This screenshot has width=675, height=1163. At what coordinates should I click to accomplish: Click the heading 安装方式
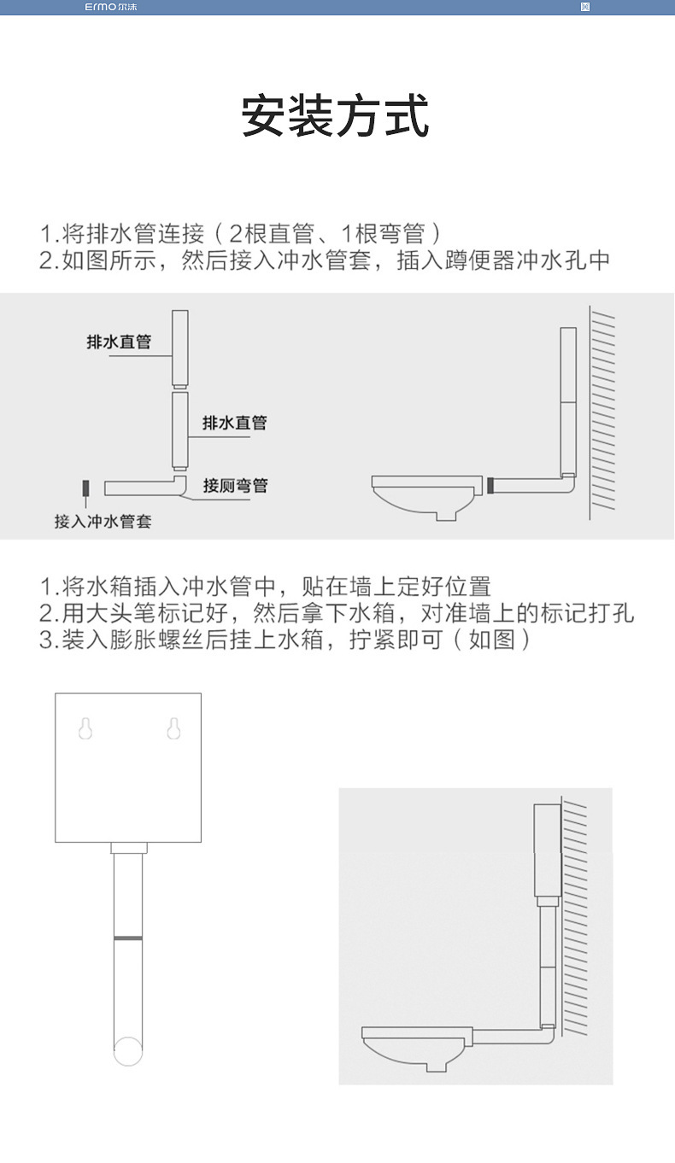tap(335, 117)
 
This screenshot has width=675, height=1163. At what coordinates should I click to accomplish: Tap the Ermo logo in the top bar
tap(110, 7)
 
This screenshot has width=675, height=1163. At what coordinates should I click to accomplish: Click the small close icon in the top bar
tap(584, 7)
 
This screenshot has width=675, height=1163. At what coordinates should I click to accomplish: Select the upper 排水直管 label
tap(119, 342)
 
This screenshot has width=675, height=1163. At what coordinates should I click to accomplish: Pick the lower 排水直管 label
tap(234, 423)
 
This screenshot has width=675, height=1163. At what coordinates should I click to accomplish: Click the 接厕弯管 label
tap(235, 486)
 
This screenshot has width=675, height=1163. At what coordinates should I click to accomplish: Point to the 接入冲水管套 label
tap(103, 521)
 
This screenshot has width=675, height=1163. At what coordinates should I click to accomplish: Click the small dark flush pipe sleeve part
tap(85, 489)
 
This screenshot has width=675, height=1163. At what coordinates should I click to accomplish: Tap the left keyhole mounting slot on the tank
tap(85, 728)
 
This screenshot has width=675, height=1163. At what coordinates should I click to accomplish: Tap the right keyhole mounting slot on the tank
tap(173, 728)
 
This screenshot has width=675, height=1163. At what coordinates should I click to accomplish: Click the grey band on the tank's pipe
tap(128, 938)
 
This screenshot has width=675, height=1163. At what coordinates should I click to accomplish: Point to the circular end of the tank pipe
tap(128, 1051)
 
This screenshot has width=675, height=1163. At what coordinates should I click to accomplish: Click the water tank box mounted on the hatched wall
tap(546, 850)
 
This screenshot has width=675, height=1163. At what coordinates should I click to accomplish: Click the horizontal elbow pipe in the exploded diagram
tap(145, 488)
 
